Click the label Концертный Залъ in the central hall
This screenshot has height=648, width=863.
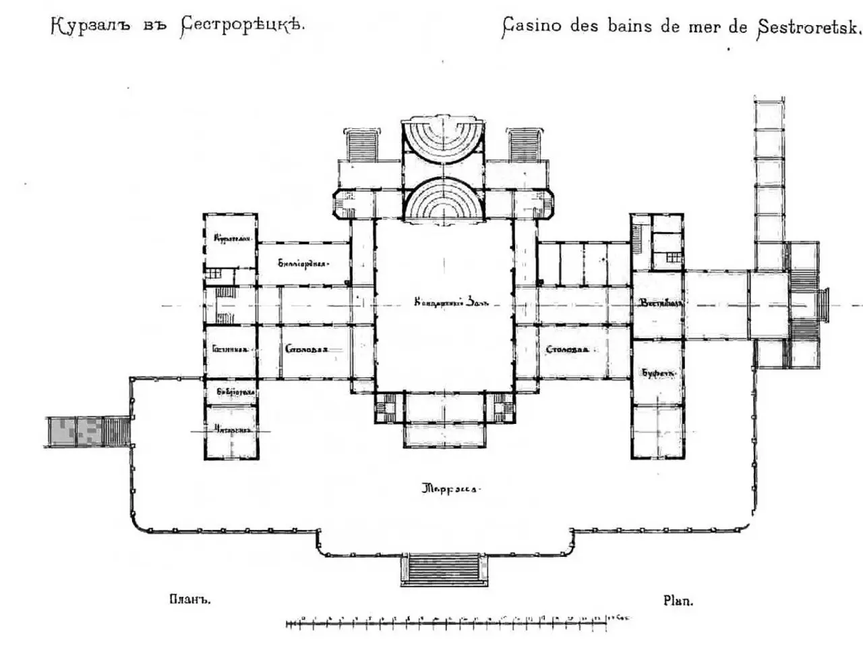[x=442, y=304]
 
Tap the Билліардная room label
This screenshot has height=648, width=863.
[x=303, y=263]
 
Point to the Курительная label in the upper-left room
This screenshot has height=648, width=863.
[x=232, y=238]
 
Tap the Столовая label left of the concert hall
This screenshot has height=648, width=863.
[x=306, y=350]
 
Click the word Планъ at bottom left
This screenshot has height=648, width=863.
[x=190, y=599]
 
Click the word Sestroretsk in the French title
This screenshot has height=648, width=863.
[x=809, y=28]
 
